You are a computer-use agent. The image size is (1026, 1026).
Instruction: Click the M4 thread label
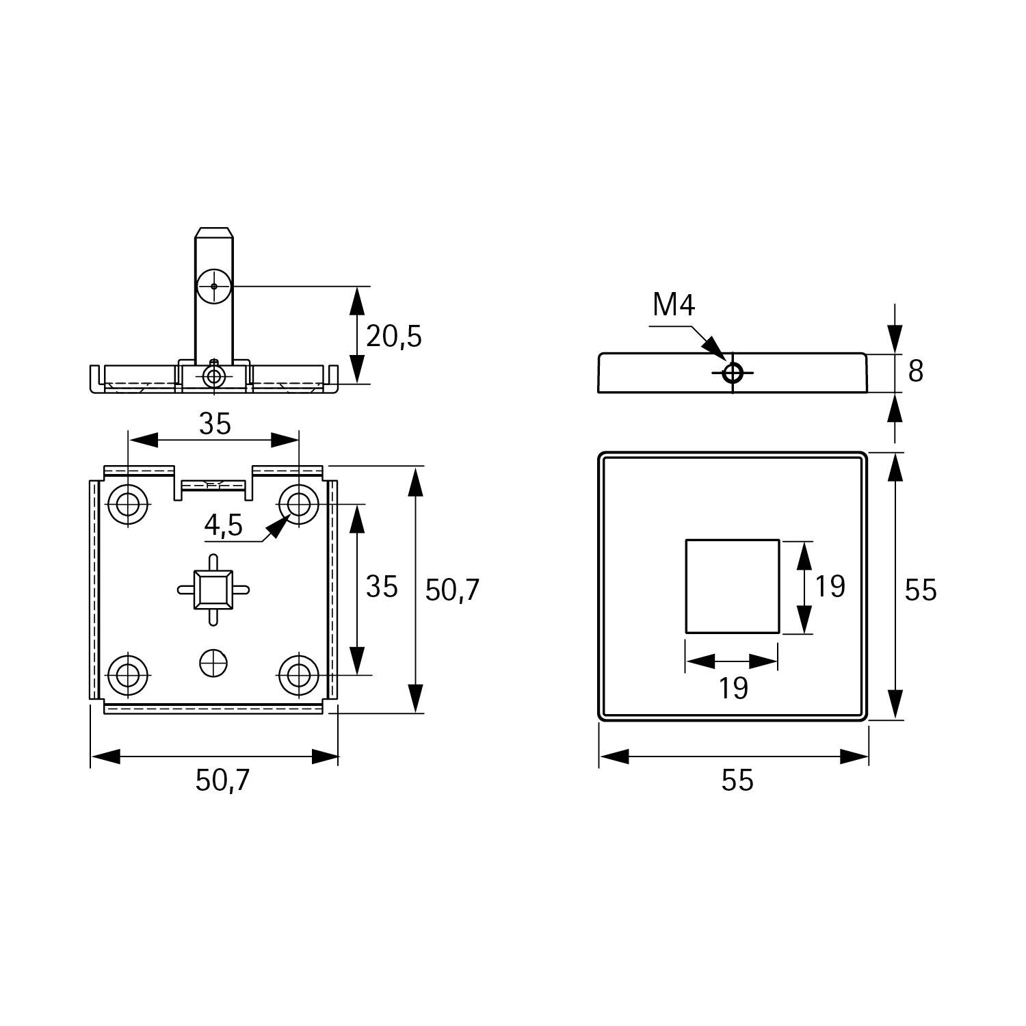pos(674,305)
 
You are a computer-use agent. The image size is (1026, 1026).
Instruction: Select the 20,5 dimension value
pos(394,337)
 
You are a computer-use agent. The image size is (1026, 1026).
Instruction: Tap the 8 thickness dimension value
pos(915,371)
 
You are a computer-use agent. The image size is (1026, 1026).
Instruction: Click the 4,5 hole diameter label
pos(223,525)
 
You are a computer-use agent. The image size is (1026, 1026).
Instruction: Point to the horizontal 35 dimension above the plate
pos(215,425)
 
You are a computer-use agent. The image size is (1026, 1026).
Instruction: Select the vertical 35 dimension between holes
pos(382,587)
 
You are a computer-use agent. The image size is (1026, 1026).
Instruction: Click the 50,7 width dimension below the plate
pos(223,780)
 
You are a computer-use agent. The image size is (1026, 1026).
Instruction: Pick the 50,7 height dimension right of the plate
pos(452,590)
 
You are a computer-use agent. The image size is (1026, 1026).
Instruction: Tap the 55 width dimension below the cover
pos(737,780)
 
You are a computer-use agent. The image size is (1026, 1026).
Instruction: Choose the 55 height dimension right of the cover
pos(920,590)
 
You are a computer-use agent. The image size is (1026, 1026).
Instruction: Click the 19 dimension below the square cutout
pos(733,688)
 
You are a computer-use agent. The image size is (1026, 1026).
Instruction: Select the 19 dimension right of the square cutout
pos(830,587)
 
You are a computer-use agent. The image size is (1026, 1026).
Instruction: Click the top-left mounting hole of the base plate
pos(127,505)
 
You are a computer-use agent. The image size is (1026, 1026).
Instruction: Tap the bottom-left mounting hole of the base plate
pos(127,675)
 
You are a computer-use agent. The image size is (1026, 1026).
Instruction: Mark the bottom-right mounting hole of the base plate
pos(298,675)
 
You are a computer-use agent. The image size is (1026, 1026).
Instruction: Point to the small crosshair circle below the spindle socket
pos(213,662)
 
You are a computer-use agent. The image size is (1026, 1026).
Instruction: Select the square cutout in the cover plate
pos(733,586)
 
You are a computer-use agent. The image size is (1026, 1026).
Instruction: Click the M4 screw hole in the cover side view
pos(733,373)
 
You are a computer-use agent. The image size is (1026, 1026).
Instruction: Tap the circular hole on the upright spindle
pos(214,286)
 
